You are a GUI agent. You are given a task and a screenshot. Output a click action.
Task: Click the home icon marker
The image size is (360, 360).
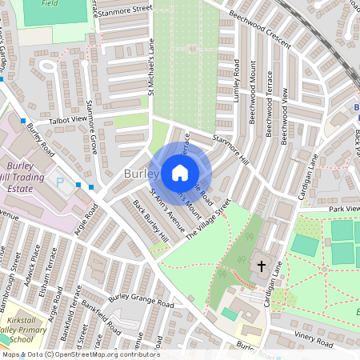point(180,173)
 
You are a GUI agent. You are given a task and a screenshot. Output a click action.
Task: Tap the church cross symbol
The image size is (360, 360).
point(261,266)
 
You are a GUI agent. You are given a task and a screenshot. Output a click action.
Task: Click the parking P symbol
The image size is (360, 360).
point(59,183)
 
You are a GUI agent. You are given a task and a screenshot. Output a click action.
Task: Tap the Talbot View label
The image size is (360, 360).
point(67,119)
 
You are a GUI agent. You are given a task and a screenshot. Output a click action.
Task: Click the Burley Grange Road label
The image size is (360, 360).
point(141,301)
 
